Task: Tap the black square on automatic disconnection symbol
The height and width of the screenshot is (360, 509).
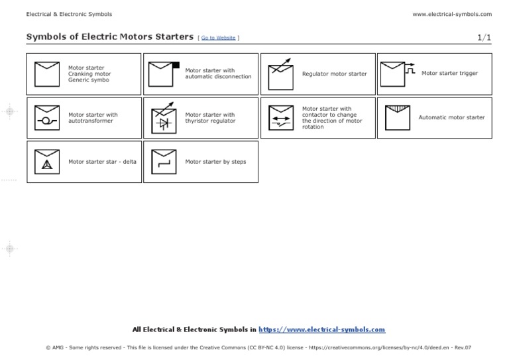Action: coord(176,65)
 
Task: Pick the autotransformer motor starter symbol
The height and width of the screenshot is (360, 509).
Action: coord(46,117)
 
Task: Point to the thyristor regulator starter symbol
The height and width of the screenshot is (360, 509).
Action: coord(162,117)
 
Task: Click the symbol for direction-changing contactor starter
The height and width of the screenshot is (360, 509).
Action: coord(280,117)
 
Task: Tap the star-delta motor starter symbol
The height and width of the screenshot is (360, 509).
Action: coord(46,161)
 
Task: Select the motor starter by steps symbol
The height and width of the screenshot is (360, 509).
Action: coord(162,161)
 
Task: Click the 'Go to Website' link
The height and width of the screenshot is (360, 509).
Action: coord(218,38)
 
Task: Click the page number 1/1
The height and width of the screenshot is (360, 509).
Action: coord(484,37)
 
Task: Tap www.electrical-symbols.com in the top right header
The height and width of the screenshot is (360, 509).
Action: coord(451,14)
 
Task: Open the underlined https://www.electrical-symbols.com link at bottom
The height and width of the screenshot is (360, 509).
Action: coord(321,329)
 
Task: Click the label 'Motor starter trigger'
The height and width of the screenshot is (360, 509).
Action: coord(449,74)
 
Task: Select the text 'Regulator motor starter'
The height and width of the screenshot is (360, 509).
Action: coord(334,74)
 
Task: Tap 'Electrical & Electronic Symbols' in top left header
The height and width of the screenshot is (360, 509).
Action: coord(69,14)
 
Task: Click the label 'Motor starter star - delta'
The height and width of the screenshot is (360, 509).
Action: coord(102,161)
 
